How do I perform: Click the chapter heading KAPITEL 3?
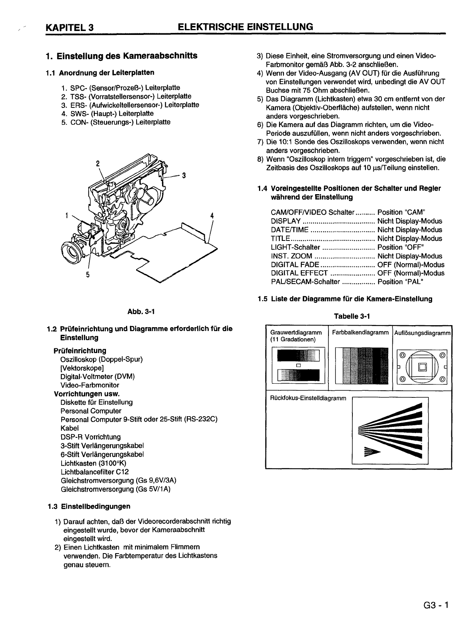[x=69, y=27]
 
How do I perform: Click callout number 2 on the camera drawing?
[x=98, y=163]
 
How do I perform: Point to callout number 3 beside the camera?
[x=183, y=175]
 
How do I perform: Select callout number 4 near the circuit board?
[x=212, y=215]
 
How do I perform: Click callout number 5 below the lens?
[x=88, y=274]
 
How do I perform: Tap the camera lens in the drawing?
[x=73, y=253]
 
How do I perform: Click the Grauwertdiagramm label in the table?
[x=294, y=333]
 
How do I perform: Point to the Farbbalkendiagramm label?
[x=360, y=333]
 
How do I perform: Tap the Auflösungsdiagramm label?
[x=422, y=333]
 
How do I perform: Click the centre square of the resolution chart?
[x=422, y=367]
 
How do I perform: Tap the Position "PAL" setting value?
[x=400, y=282]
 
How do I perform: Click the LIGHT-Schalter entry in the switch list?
[x=296, y=248]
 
